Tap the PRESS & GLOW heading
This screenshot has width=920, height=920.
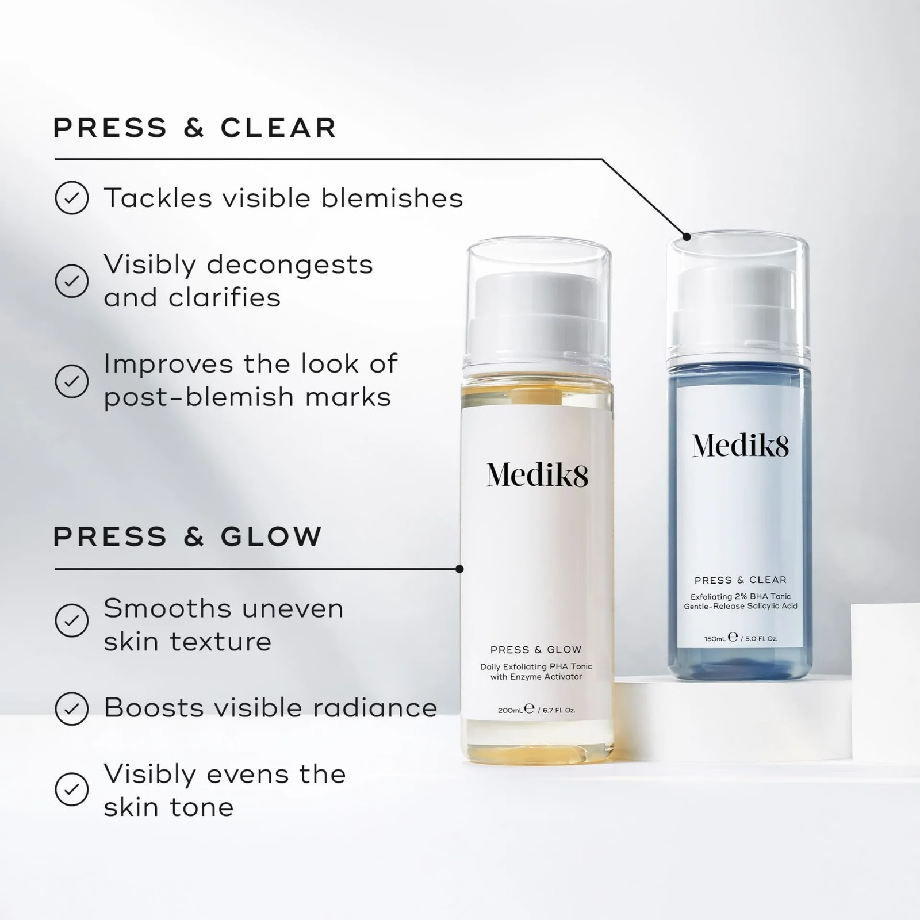(x=187, y=536)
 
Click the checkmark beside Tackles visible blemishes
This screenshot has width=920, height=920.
(x=72, y=198)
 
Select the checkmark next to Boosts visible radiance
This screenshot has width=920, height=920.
(x=72, y=708)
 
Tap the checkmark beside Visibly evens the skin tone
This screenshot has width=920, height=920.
(x=72, y=789)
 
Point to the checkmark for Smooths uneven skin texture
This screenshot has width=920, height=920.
(x=72, y=620)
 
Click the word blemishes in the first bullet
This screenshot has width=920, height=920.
(x=392, y=198)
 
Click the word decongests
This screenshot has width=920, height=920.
(x=290, y=265)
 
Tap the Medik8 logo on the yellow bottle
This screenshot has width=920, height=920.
(x=537, y=475)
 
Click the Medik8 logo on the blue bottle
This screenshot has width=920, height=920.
(x=741, y=446)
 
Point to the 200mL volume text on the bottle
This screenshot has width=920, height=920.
(x=510, y=710)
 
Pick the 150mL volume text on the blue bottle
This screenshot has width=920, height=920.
(x=715, y=638)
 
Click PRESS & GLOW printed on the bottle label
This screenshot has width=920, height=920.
(x=536, y=650)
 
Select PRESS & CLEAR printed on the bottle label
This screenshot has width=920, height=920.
(x=740, y=580)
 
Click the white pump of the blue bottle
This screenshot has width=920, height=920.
(x=739, y=308)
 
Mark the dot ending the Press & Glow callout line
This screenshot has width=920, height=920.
(x=459, y=569)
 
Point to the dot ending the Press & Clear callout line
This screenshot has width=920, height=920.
(x=687, y=236)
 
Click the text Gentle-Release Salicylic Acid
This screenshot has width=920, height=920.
(x=740, y=606)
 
